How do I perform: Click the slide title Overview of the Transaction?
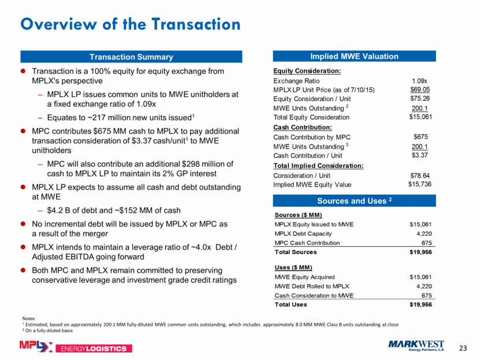130,24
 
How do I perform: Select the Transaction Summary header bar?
131,57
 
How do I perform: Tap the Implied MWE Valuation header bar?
354,56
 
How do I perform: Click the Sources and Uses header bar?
354,201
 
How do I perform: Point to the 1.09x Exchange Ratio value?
419,81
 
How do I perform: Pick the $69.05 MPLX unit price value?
420,90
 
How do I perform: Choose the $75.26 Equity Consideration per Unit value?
420,98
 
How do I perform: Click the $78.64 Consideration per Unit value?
420,176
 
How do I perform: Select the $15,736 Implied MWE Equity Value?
420,184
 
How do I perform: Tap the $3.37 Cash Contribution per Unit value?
420,155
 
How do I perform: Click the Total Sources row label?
296,252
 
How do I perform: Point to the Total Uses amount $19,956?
420,305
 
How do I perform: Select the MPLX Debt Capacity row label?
303,233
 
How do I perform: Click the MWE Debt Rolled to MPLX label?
312,286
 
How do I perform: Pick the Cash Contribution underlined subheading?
302,127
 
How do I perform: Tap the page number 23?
463,348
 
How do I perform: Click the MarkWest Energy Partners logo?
416,346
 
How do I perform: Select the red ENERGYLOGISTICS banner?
93,348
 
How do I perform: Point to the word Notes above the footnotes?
29,318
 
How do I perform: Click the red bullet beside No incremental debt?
23,224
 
